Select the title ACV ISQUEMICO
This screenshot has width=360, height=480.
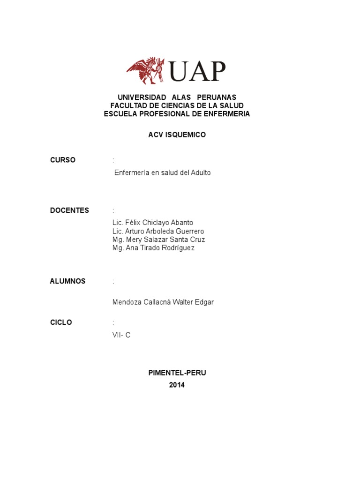tap(177, 135)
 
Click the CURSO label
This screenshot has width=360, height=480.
tap(63, 160)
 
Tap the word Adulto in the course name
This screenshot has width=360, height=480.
tap(200, 172)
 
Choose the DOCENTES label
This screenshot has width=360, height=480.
tap(69, 210)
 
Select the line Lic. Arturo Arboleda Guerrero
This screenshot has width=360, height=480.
tap(158, 231)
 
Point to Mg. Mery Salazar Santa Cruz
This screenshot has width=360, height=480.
tap(158, 240)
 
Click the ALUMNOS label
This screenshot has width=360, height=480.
tap(68, 281)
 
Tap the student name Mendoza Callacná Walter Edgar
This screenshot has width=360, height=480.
tap(163, 302)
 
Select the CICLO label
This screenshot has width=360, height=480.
tap(61, 322)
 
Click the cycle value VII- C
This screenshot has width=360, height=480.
tap(121, 335)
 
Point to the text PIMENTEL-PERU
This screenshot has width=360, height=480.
tap(177, 373)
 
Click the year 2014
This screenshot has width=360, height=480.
tap(177, 385)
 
